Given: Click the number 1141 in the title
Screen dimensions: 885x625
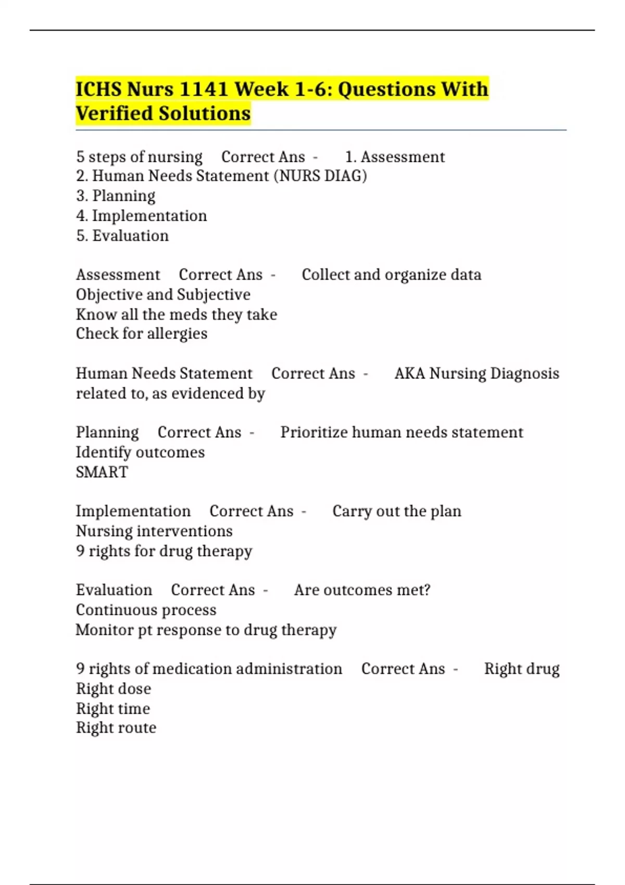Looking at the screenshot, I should (203, 89).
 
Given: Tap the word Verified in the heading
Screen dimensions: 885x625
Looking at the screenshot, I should (114, 113).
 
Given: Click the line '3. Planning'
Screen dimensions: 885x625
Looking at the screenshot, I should (116, 196).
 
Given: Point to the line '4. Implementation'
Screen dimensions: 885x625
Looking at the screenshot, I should (141, 216).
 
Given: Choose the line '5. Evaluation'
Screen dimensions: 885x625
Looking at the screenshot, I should (122, 235).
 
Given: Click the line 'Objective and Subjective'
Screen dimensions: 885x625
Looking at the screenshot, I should (163, 295).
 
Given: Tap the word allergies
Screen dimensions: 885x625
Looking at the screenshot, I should (178, 334).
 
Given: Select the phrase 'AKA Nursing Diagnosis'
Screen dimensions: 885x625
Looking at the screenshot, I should (477, 373).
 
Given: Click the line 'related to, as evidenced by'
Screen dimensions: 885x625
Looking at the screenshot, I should (170, 393).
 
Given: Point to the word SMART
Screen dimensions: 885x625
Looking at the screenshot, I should (102, 472).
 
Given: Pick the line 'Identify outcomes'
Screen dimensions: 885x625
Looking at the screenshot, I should (140, 452).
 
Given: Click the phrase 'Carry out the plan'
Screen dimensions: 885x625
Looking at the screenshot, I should (397, 511).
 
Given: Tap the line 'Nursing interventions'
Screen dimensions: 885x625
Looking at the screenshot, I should (154, 531).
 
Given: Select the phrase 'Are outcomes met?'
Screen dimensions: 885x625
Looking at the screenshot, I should (362, 590).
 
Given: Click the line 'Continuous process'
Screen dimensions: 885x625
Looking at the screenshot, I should (146, 610).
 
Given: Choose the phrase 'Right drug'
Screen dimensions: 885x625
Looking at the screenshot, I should (522, 668).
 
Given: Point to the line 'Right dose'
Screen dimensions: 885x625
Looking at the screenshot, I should (114, 689).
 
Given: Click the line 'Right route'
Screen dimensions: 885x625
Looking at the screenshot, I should (116, 728).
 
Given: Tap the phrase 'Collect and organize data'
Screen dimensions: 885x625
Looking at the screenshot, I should (391, 275).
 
